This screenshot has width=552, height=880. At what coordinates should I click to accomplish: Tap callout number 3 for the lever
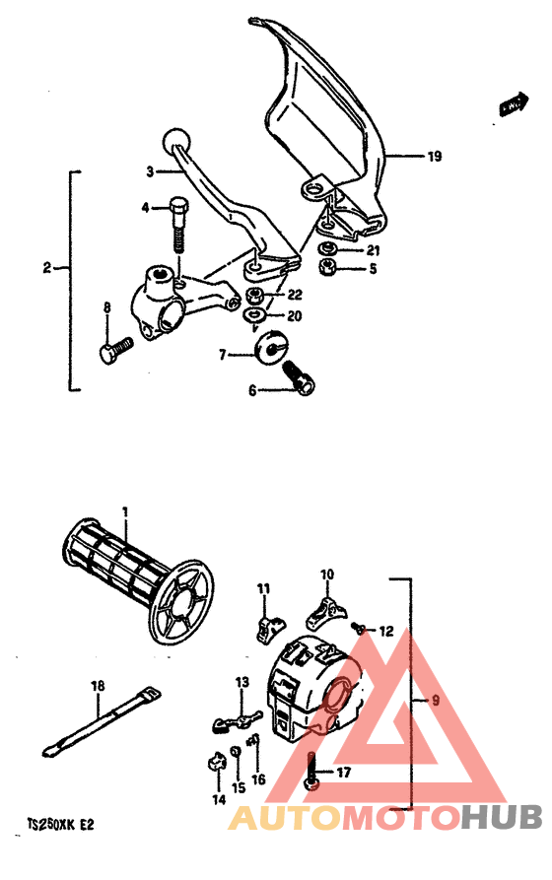[x=150, y=171]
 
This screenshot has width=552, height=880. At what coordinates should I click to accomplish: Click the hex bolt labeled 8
[x=116, y=348]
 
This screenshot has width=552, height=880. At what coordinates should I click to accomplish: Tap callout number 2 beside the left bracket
[x=46, y=267]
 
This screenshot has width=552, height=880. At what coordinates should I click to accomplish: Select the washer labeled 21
[x=326, y=248]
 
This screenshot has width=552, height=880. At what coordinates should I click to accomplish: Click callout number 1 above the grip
[x=126, y=511]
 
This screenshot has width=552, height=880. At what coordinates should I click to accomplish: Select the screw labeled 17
[x=311, y=770]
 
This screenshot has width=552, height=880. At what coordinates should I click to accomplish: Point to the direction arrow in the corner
[x=512, y=102]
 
